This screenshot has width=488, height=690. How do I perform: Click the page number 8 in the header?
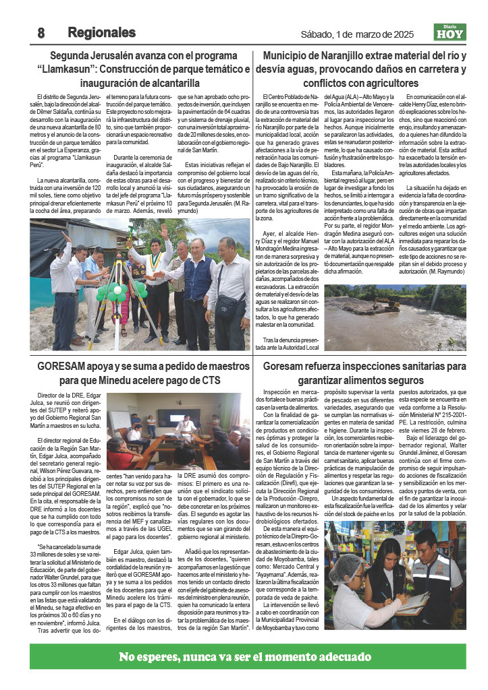coord(41,32)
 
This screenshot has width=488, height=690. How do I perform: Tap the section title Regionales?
coord(101,32)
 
